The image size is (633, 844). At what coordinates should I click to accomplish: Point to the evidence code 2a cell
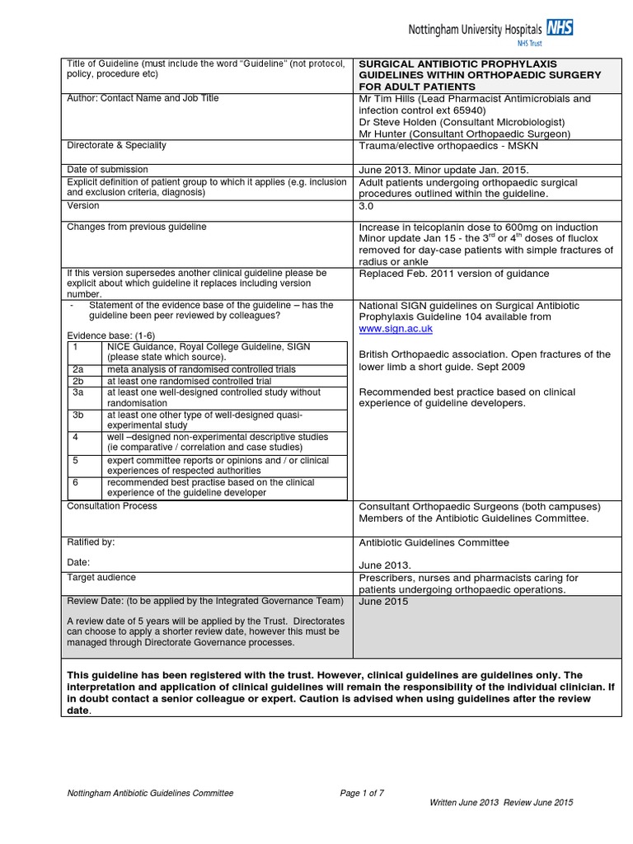tap(78, 370)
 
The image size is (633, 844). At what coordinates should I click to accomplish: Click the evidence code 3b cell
tap(78, 415)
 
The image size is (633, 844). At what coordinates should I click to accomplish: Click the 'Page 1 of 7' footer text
tap(362, 793)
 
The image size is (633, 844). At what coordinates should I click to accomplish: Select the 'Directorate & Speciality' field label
tap(116, 145)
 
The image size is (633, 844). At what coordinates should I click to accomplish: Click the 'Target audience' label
tap(101, 578)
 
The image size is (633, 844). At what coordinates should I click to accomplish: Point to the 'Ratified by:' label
tap(91, 542)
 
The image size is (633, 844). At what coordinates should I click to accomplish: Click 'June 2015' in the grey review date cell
tap(383, 602)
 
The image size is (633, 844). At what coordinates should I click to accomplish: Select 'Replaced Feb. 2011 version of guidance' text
tap(454, 274)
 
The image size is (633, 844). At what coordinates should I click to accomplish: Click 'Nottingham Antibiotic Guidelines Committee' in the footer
tap(150, 793)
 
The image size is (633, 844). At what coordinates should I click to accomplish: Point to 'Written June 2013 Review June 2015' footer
tap(501, 802)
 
